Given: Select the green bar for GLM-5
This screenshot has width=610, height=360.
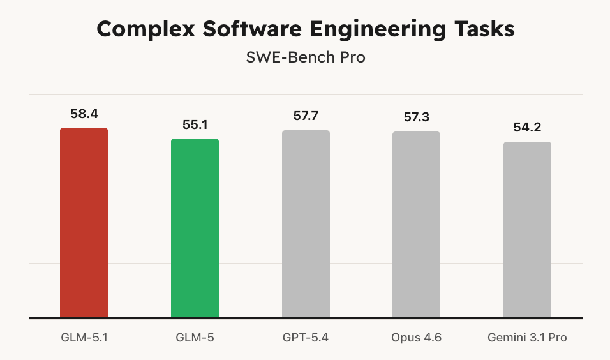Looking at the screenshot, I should click(195, 228).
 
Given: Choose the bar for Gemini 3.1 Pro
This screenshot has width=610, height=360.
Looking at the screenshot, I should click(527, 229).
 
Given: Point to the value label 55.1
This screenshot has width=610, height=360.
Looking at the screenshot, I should click(195, 125).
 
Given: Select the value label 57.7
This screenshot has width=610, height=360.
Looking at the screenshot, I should click(306, 116).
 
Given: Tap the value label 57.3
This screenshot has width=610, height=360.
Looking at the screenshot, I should click(416, 117).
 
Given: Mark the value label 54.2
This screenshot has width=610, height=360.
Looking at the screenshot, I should click(527, 128).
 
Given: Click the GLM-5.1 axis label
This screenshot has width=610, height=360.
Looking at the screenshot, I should click(84, 338).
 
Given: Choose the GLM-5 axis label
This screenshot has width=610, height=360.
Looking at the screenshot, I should click(195, 338).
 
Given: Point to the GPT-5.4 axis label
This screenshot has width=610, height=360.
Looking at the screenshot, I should click(306, 338).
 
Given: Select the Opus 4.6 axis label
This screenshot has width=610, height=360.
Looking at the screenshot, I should click(416, 338).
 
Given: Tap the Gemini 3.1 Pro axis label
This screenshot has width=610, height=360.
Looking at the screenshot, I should click(527, 338).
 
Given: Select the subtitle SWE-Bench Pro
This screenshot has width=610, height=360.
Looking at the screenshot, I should click(306, 57).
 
